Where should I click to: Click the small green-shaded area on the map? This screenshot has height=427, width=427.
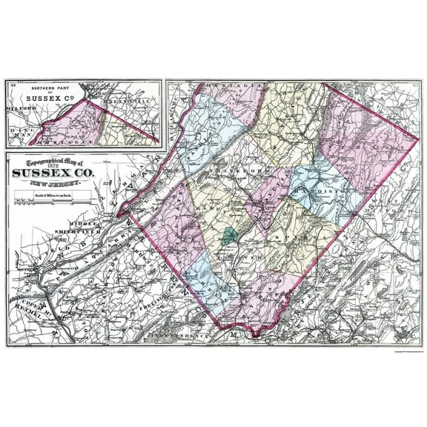click(x=229, y=236)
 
